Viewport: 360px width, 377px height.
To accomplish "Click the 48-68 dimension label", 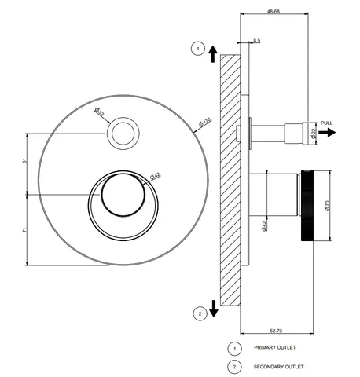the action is [x=274, y=11].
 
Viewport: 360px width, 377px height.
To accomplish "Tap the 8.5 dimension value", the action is [x=257, y=41].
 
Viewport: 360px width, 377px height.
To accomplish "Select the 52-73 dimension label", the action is [x=276, y=331].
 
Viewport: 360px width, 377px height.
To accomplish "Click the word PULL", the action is [x=326, y=123].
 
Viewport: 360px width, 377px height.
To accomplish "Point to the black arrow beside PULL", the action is [x=327, y=133].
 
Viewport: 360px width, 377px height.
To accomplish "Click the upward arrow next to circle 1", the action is [x=213, y=54].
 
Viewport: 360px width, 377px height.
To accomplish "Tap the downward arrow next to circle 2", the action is [x=214, y=309].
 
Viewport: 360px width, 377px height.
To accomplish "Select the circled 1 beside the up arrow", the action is [x=198, y=49].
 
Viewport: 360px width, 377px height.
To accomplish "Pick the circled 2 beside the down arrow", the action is [x=200, y=313].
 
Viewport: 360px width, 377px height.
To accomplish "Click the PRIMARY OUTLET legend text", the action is [x=275, y=347].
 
